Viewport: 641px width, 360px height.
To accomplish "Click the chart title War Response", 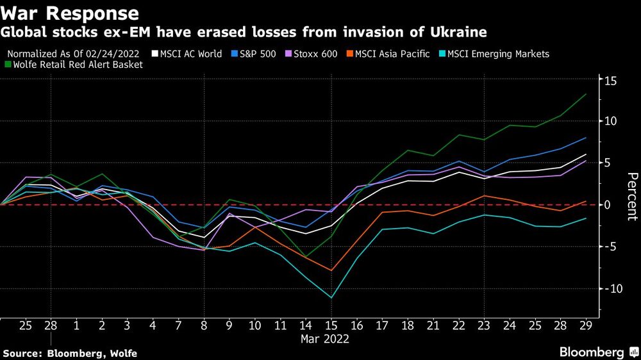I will (x=70, y=13).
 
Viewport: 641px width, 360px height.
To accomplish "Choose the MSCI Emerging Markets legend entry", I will (x=498, y=54).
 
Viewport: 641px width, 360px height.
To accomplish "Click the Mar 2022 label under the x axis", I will (x=325, y=340).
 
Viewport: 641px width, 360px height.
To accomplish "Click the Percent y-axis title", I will (x=631, y=197).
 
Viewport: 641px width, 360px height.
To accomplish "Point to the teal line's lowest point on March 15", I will (x=331, y=298).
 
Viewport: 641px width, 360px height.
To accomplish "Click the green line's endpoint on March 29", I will (x=585, y=94).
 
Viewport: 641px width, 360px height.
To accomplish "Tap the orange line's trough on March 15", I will (x=331, y=270).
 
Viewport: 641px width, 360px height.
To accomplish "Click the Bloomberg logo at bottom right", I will (x=593, y=352).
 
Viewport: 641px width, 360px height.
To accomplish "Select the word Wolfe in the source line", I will (x=122, y=354).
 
